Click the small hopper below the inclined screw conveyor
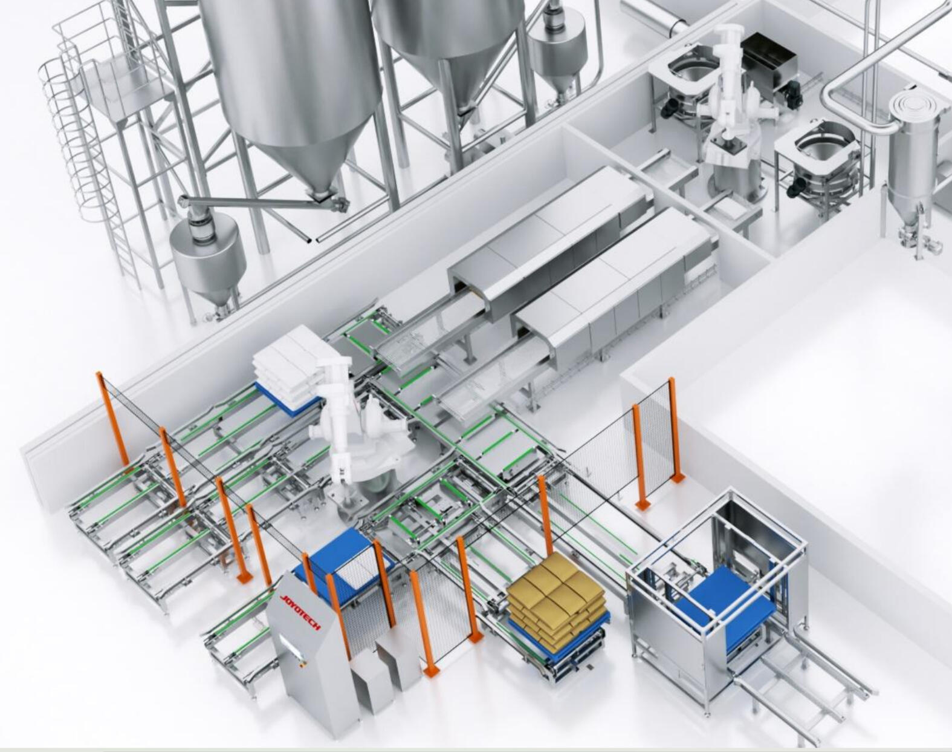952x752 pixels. coord(208,257)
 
